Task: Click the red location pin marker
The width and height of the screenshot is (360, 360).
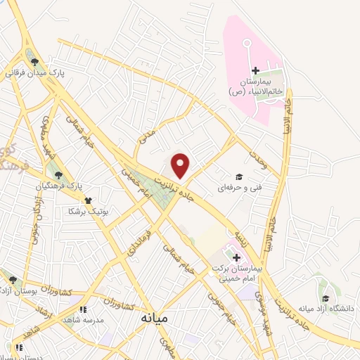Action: click(x=181, y=165)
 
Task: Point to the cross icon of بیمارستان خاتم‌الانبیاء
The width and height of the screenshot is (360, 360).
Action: click(x=255, y=70)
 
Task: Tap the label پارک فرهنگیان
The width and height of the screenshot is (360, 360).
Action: click(x=60, y=186)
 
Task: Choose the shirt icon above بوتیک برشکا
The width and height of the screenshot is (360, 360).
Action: click(x=87, y=200)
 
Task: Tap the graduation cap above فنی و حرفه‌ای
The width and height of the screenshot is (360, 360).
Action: click(x=238, y=177)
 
